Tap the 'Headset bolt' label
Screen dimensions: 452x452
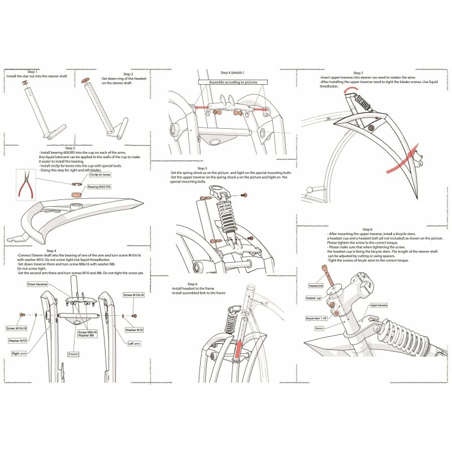pos(315,286)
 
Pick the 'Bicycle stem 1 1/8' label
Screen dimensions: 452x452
pos(318,318)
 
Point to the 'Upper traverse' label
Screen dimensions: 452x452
pos(377,305)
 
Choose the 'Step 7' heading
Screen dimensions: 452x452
pos(358,72)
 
